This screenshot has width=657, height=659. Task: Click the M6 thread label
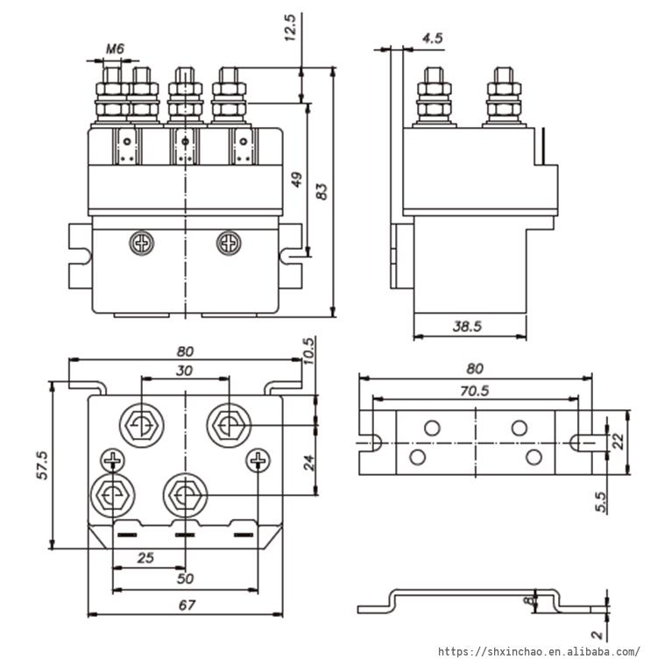coord(115,49)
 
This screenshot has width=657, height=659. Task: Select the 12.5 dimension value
coord(291,27)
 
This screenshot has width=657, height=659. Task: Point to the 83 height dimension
coord(321,192)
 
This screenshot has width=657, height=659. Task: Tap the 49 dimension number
coord(297,180)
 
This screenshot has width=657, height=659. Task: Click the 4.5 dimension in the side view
coord(432,39)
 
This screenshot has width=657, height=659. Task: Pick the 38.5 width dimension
coord(467,326)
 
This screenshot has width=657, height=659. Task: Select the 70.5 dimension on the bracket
coord(474,391)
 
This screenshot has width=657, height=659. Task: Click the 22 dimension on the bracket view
coord(618,442)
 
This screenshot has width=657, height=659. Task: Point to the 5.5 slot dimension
coord(601,502)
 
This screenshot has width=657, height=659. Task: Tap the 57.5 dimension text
coord(43,464)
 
